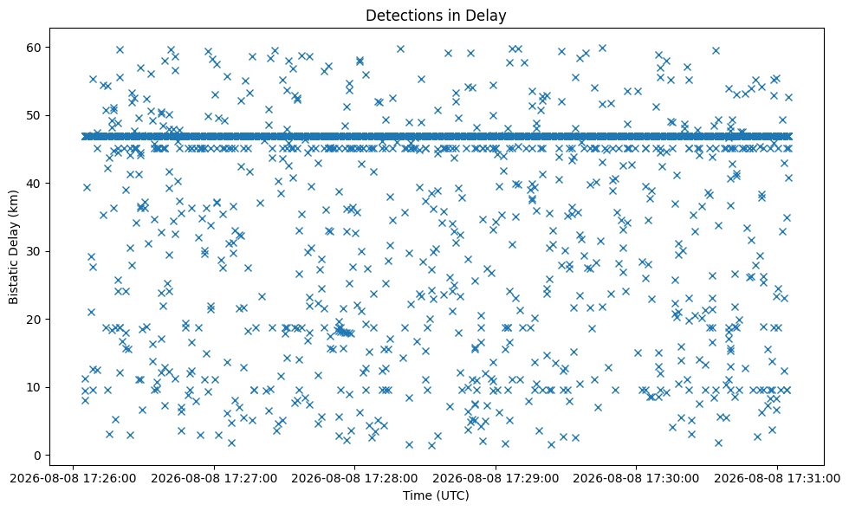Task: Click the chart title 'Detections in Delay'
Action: coord(436,16)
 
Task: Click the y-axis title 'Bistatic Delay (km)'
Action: coord(13,247)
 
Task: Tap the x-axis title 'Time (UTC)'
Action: coord(436,495)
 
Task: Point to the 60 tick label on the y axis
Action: coord(35,48)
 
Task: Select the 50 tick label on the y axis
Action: coord(35,115)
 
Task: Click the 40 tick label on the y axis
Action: coord(35,184)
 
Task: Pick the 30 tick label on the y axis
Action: coord(35,251)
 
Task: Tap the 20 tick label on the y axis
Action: coord(35,320)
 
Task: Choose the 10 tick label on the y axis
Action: coord(35,387)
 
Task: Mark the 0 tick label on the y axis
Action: coord(38,456)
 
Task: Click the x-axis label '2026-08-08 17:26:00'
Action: coord(73,479)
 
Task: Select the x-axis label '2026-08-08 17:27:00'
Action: coord(214,479)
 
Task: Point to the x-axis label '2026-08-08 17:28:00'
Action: coord(354,479)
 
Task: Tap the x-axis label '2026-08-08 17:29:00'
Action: coord(496,479)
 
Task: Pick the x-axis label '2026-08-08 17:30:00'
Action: coord(636,479)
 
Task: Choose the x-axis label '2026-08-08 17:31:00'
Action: coord(777,479)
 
